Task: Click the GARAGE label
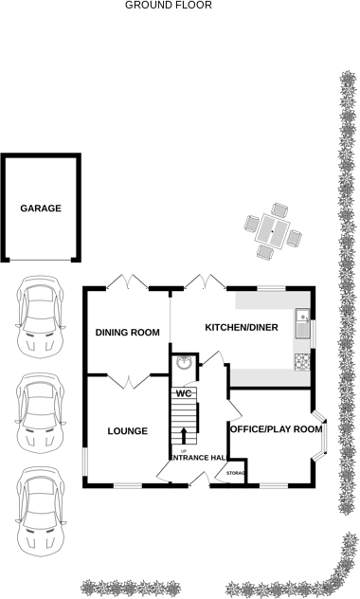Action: pyautogui.click(x=41, y=209)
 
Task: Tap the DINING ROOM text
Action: pyautogui.click(x=127, y=332)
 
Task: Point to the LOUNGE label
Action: pyautogui.click(x=127, y=431)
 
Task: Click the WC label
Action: pyautogui.click(x=184, y=392)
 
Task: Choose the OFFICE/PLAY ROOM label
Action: pyautogui.click(x=276, y=429)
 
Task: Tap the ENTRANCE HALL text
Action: pyautogui.click(x=197, y=459)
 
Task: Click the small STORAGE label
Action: pyautogui.click(x=236, y=473)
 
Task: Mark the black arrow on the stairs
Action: pyautogui.click(x=184, y=435)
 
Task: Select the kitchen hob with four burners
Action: pyautogui.click(x=303, y=360)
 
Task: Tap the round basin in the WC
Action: pyautogui.click(x=184, y=363)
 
